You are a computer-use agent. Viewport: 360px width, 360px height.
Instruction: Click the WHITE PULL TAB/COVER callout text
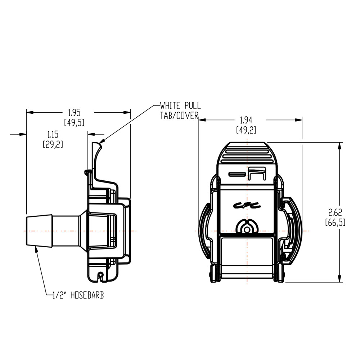[x=180, y=111]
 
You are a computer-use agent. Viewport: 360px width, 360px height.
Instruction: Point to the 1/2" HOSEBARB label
[x=78, y=296]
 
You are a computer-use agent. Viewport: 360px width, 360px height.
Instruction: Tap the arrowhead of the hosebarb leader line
[x=36, y=248]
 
